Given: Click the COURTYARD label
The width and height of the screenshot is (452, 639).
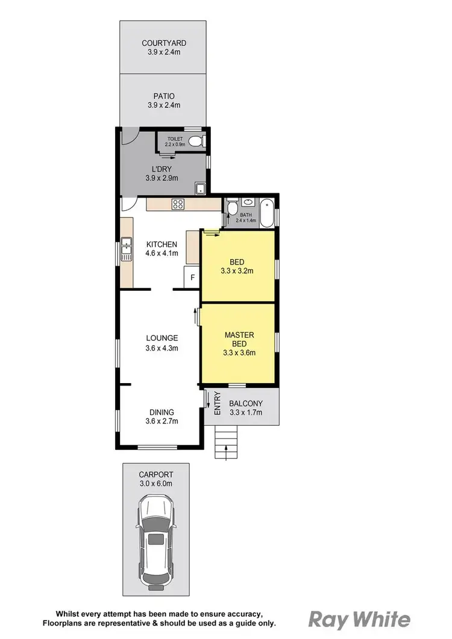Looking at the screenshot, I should tap(164, 43).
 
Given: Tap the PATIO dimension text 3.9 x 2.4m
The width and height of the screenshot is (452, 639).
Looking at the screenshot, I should tap(164, 105).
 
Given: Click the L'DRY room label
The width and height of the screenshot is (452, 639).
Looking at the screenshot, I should tap(164, 169).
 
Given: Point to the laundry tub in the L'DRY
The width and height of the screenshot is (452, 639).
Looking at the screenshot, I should tap(201, 189).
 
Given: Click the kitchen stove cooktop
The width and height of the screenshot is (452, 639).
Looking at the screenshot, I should tap(178, 204).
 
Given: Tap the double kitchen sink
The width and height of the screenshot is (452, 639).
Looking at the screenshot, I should tap(127, 249).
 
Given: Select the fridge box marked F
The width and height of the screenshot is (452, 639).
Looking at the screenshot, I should tap(192, 278).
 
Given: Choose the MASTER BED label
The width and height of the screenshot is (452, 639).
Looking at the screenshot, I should tap(239, 339).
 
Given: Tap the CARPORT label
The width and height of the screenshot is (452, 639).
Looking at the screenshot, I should tap(156, 474).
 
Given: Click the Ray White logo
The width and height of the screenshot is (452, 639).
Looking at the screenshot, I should tap(360, 619).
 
